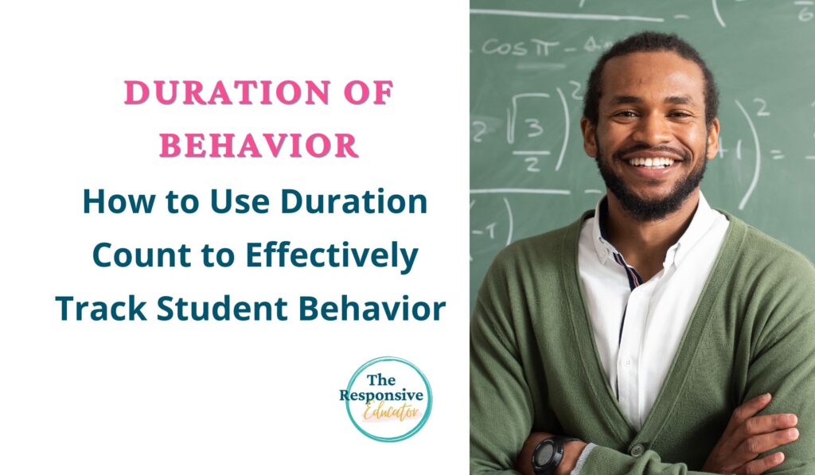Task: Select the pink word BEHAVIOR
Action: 259,146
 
